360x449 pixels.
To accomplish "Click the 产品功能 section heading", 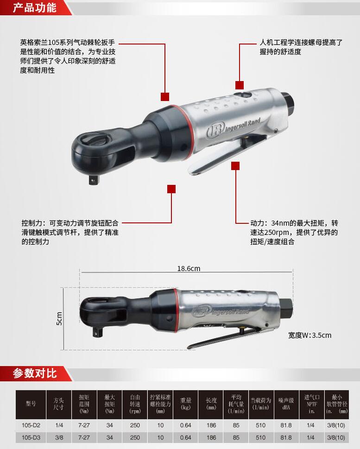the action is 35,7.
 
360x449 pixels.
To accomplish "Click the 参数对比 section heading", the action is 35,373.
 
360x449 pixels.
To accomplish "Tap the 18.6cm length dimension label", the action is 189,269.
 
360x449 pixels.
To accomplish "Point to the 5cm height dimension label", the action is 59,318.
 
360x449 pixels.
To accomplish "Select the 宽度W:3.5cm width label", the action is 309,335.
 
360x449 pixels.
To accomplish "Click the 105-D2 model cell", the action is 31,425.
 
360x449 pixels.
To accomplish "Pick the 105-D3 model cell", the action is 31,437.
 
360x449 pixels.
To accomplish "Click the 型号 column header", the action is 31,404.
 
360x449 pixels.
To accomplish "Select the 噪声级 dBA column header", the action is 286,404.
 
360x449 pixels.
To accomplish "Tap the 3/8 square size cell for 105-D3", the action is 59,437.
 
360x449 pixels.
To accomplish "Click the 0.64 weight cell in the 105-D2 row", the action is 186,425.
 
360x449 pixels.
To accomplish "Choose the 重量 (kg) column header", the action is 186,404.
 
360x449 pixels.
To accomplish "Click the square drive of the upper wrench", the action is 93,180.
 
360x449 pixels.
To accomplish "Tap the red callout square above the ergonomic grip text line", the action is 240,85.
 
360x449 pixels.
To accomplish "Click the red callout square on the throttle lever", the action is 235,166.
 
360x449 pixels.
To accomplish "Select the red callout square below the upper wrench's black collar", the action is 171,189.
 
